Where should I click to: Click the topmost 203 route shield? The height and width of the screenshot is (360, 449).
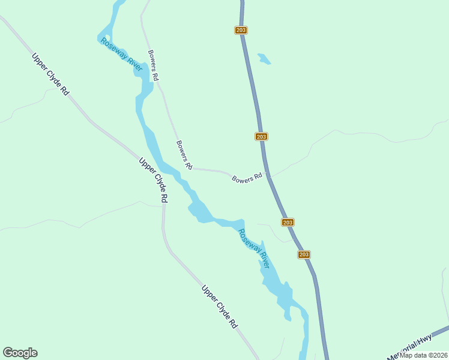coord(241,30)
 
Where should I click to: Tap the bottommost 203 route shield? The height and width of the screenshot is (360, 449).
coord(304,254)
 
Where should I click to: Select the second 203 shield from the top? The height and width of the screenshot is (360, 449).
coord(261,136)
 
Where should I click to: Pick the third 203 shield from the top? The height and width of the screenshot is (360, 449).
coord(288,222)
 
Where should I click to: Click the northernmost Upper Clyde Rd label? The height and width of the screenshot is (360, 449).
coord(51,75)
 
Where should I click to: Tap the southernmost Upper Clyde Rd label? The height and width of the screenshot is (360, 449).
coord(220,307)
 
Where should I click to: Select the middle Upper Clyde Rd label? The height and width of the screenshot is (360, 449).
coord(153,180)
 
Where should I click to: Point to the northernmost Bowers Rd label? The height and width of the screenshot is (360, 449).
coord(153,65)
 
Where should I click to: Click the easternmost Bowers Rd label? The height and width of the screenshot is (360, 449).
coord(247,178)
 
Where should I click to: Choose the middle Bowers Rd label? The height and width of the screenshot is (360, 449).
coord(184,155)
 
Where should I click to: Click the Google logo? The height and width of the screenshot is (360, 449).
coord(20,353)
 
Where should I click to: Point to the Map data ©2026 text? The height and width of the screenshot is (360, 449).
coord(424,355)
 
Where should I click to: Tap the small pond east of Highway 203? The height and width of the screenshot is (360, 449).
coord(264,59)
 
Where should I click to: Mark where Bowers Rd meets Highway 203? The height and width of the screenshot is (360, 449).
coord(268,176)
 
